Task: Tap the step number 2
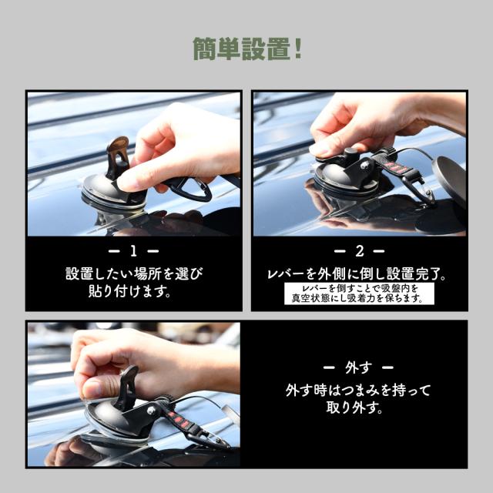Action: click(x=360, y=251)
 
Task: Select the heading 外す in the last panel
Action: click(x=360, y=367)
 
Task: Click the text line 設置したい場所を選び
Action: click(x=135, y=273)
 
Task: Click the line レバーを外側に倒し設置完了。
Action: click(x=360, y=273)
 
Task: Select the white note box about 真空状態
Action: click(x=360, y=293)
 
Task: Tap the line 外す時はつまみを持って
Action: click(x=360, y=390)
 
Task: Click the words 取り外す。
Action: click(x=360, y=408)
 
